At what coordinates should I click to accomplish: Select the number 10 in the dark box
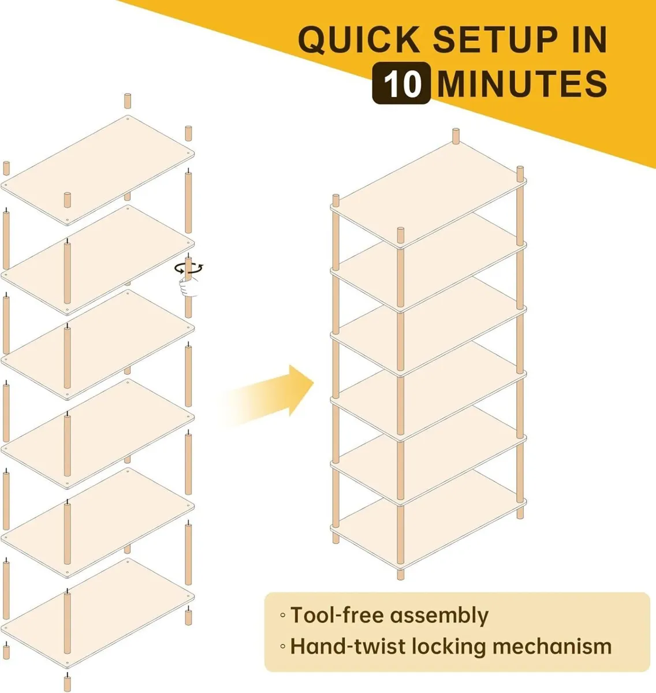[401, 83]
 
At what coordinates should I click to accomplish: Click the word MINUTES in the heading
[522, 83]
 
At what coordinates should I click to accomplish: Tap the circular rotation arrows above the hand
[189, 268]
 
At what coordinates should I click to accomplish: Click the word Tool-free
[333, 616]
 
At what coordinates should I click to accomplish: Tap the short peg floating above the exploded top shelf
[128, 100]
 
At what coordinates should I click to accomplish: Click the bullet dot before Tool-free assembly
[282, 616]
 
